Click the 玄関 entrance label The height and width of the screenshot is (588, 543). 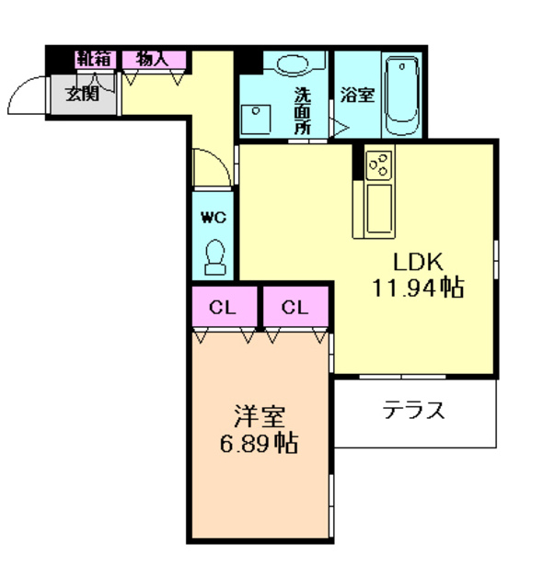click(x=83, y=93)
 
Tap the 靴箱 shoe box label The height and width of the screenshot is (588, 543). click(x=95, y=59)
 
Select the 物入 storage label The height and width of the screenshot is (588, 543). click(x=153, y=59)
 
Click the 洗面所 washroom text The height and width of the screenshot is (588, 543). click(x=302, y=110)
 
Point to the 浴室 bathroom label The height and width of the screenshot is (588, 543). click(x=357, y=95)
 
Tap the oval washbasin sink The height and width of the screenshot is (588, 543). click(x=293, y=63)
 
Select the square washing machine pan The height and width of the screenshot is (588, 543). click(x=256, y=119)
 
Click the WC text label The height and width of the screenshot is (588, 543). click(x=214, y=217)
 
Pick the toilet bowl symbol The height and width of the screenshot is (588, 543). click(x=215, y=257)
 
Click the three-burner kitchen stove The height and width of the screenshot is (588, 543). click(x=379, y=165)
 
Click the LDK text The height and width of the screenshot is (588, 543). click(x=418, y=262)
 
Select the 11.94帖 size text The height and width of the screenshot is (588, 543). click(x=418, y=288)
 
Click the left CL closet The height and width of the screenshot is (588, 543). click(x=223, y=308)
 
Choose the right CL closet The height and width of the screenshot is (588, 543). click(x=295, y=308)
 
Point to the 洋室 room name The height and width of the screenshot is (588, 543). click(x=260, y=416)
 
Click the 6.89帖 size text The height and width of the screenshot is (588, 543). click(x=260, y=443)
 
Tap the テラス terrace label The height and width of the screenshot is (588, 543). click(x=414, y=410)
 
